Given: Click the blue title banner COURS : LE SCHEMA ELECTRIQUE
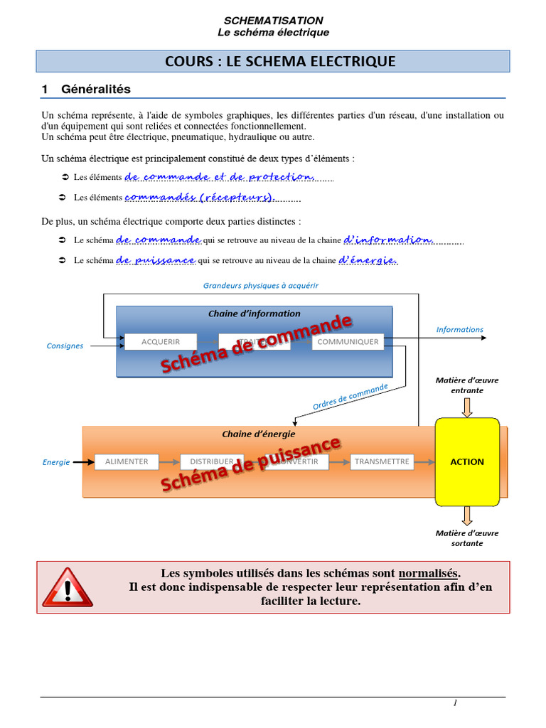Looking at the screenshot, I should click(273, 61).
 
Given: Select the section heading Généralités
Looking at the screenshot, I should click(96, 90).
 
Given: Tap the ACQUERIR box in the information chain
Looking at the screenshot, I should click(161, 342).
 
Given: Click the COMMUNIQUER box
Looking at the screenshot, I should click(348, 342).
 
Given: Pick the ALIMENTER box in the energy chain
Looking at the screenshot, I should click(127, 461).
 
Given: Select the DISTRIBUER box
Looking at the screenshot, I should click(212, 461).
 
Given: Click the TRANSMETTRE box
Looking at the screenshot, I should click(382, 461).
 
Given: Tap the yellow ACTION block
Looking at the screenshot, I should click(466, 461).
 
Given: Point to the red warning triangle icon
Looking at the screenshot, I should click(68, 587).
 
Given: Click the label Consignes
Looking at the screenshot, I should click(65, 346).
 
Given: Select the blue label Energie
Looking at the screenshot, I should click(56, 462).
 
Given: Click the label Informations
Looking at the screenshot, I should click(459, 330).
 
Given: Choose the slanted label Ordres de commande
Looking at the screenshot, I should click(350, 397).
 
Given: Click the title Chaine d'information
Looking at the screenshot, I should click(254, 314).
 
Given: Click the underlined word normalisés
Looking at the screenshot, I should click(429, 573).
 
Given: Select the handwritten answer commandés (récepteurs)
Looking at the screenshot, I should click(200, 197).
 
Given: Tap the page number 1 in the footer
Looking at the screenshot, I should click(455, 703).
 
